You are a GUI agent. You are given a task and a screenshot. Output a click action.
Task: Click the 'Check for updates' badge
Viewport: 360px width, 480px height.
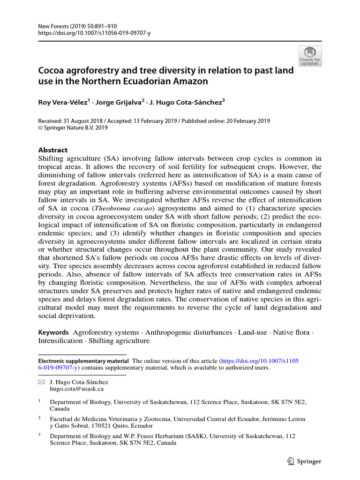(310, 56)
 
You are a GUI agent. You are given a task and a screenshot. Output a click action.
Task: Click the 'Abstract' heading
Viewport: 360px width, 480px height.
(52, 150)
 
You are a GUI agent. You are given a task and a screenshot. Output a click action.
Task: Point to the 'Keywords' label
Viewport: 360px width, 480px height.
(53, 332)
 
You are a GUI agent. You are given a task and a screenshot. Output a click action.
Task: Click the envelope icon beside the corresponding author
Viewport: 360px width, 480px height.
(41, 382)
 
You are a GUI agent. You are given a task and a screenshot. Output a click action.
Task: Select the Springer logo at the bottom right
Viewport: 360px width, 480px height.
(304, 461)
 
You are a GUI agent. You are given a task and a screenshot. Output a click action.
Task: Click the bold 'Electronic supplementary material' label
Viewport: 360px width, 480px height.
(83, 361)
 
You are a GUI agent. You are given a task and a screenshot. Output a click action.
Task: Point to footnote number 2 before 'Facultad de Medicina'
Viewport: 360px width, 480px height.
(40, 418)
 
